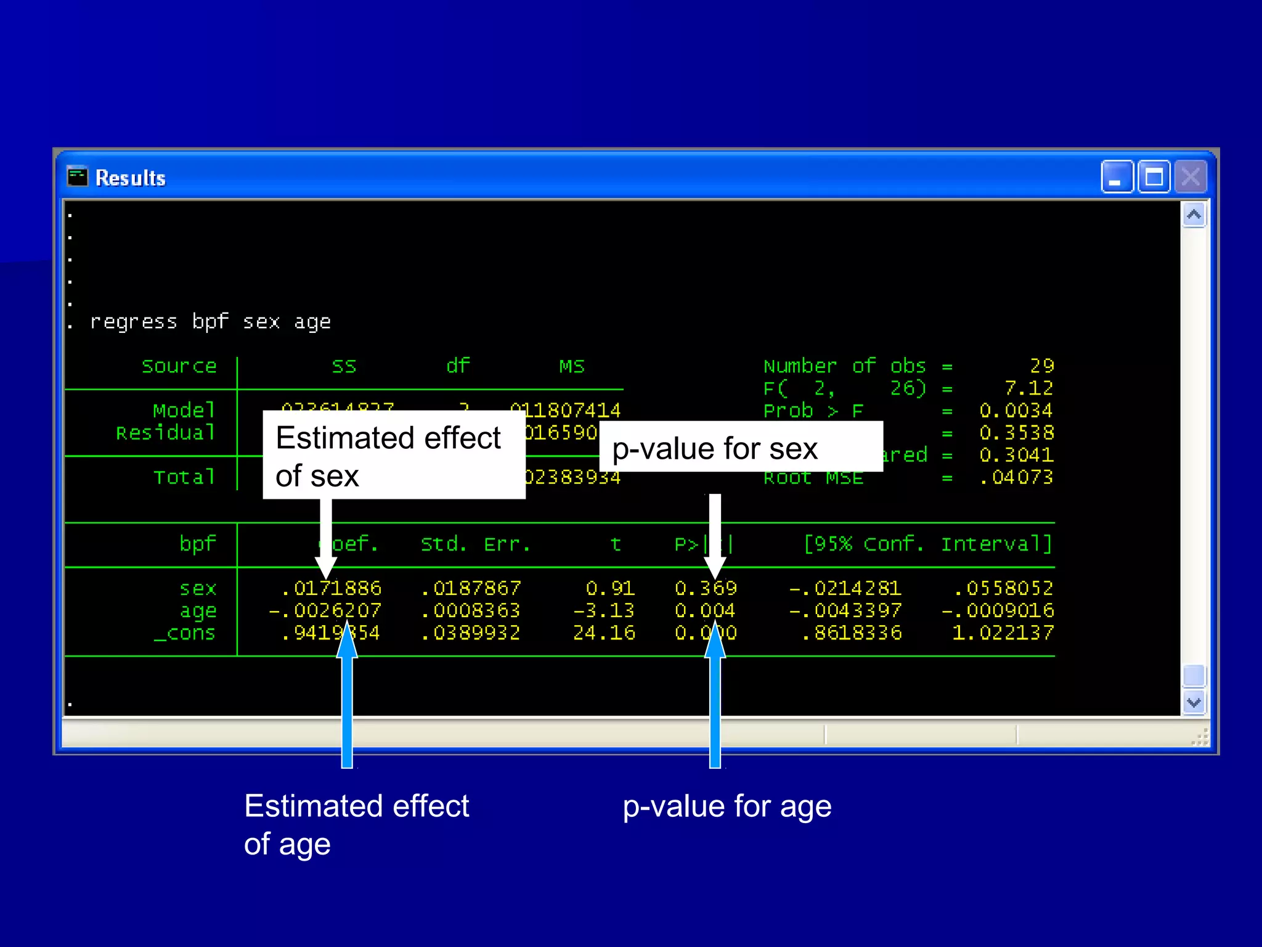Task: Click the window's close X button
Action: [x=1190, y=178]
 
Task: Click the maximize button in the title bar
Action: [x=1154, y=178]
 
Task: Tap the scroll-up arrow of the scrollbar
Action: [x=1194, y=215]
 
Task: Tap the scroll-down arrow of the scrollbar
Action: [x=1194, y=702]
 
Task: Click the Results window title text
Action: [x=131, y=178]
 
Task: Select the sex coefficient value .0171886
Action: [x=332, y=588]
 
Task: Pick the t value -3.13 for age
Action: [x=603, y=610]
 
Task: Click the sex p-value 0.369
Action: [x=706, y=588]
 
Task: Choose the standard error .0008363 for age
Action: [x=471, y=610]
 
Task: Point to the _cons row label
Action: [x=185, y=633]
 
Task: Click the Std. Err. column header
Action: [x=475, y=544]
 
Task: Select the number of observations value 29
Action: [x=1042, y=366]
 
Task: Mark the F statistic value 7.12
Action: [x=1028, y=388]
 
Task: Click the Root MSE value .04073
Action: [x=1016, y=477]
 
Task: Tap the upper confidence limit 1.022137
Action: [x=1003, y=633]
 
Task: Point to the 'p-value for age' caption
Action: [x=727, y=806]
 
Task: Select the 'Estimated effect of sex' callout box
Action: [x=394, y=456]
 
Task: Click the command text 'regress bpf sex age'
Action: [x=210, y=321]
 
